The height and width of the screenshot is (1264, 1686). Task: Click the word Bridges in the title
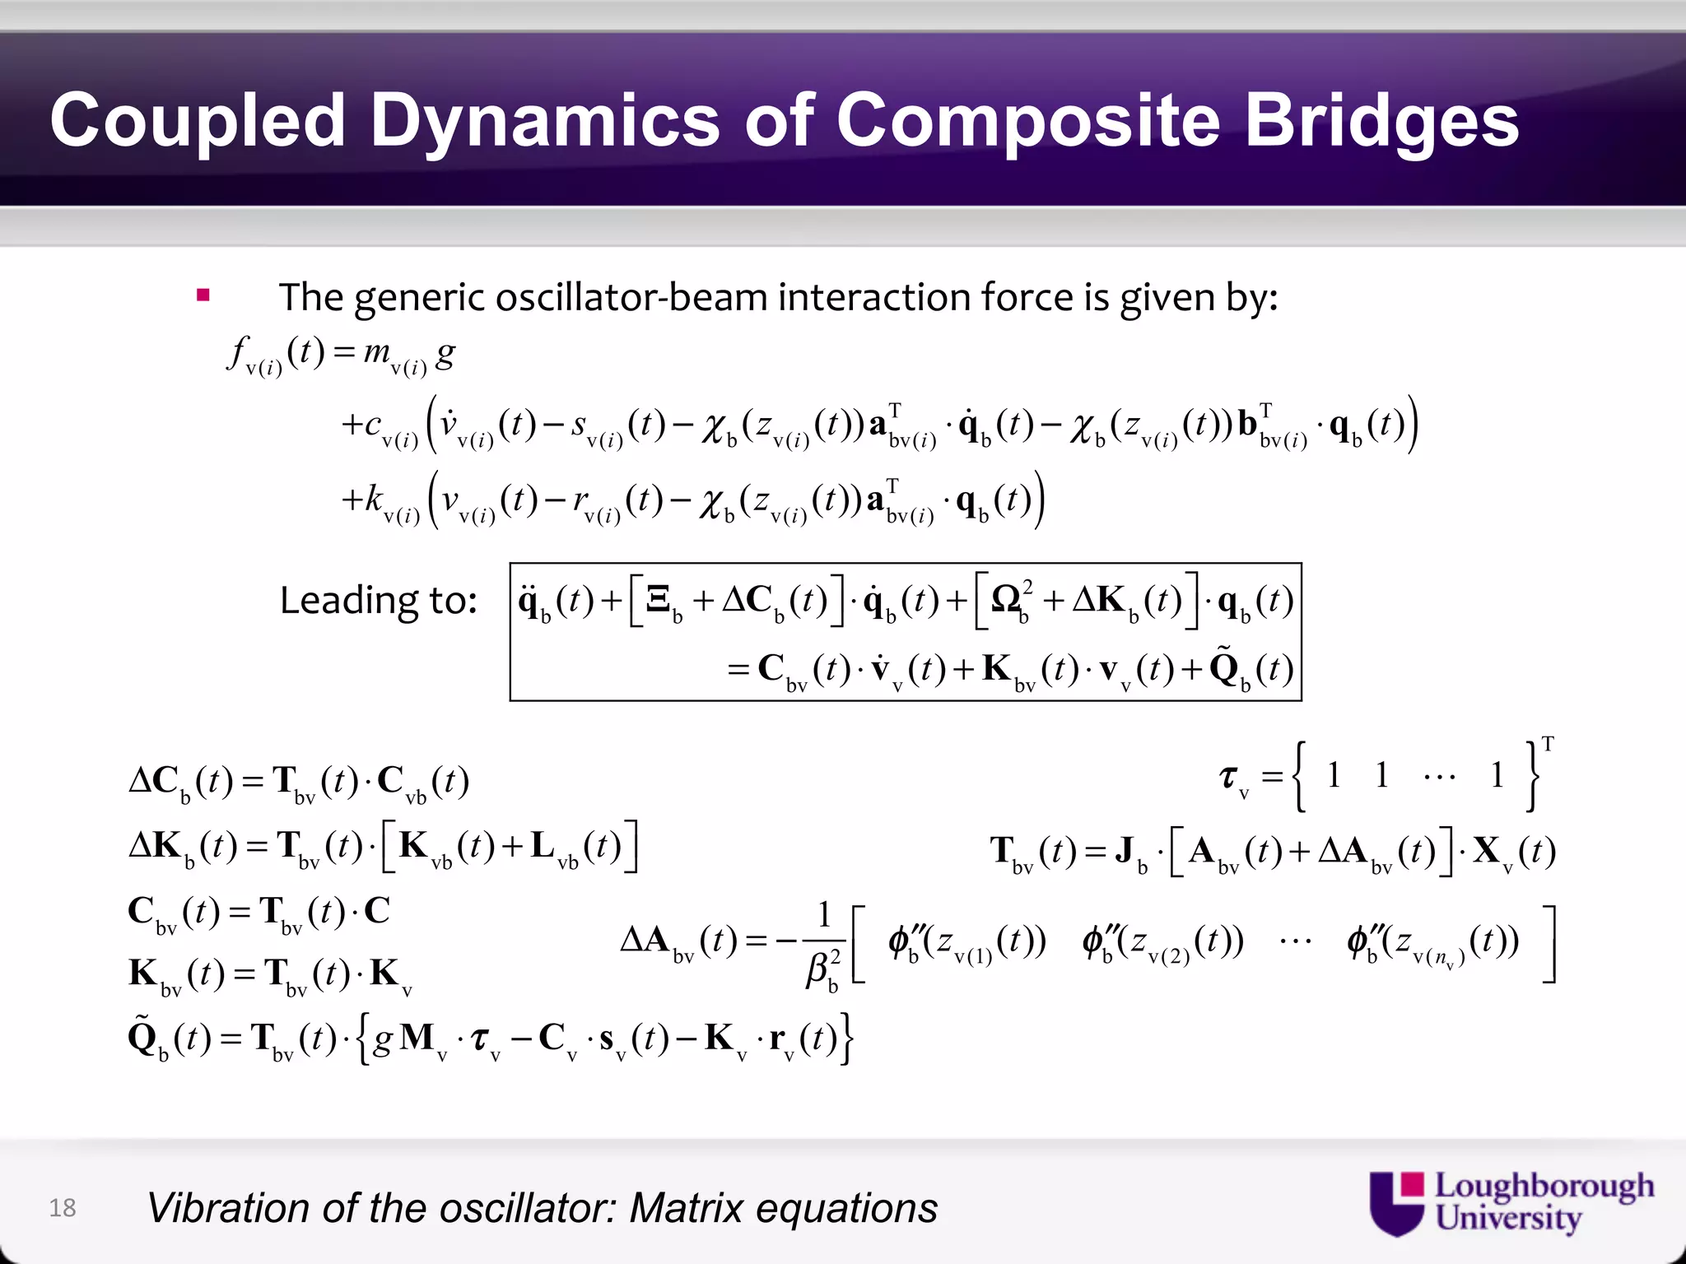(1381, 121)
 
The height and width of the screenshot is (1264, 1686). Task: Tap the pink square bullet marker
(203, 295)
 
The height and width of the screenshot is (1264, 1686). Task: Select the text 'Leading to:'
(378, 600)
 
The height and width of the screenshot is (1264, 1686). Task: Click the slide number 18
(63, 1207)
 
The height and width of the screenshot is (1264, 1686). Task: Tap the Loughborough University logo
(1511, 1203)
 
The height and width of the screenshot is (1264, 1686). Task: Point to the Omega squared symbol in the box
(1011, 598)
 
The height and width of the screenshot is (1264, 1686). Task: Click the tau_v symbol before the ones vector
(1232, 778)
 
